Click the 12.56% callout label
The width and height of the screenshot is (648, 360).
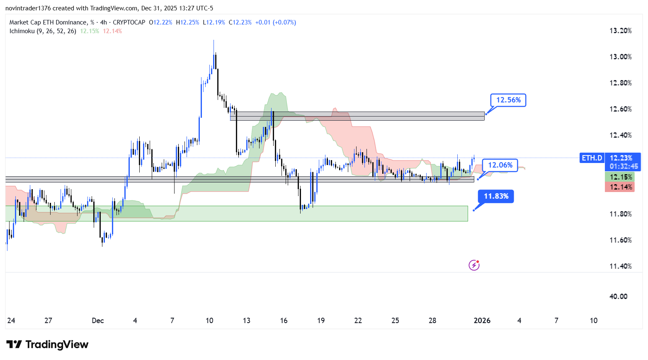508,100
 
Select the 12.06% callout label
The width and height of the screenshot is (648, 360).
500,165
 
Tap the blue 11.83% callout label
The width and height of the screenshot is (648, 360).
496,196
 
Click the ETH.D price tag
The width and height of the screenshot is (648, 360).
592,158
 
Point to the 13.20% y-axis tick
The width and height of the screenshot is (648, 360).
620,31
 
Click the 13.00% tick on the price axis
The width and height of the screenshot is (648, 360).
620,57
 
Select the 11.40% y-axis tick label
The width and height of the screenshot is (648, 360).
620,266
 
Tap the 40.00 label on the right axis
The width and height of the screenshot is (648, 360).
618,297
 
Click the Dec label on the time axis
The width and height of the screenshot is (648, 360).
98,321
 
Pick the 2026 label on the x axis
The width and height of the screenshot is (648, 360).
482,321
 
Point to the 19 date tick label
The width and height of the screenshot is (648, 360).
321,321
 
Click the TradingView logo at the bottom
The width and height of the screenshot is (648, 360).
48,345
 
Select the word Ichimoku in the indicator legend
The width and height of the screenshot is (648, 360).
22,31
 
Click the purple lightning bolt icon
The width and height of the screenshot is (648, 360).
474,265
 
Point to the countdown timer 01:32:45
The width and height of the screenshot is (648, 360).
624,166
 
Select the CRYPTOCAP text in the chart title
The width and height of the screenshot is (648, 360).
129,22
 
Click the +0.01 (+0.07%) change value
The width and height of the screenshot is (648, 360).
275,22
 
